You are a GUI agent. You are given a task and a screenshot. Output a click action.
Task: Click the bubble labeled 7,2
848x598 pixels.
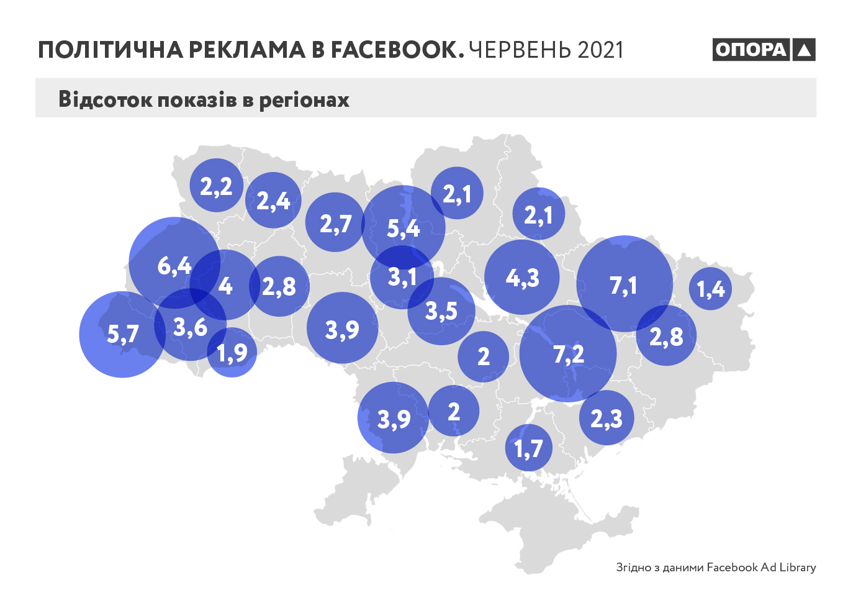tap(568, 354)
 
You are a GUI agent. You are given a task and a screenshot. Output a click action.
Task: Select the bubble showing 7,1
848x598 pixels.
tap(625, 284)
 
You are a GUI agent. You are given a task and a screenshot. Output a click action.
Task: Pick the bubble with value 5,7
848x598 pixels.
tap(122, 335)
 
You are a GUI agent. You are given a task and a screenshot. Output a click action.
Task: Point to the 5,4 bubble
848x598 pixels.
tap(404, 227)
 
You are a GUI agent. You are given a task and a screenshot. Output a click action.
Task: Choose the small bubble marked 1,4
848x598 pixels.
tap(711, 288)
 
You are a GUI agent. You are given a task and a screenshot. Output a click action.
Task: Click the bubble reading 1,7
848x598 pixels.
tap(529, 448)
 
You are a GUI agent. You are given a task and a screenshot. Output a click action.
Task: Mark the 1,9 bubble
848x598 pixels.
tap(232, 353)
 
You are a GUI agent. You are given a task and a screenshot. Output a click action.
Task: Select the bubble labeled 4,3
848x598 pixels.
tap(522, 277)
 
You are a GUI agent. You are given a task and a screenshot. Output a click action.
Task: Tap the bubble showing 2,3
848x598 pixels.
tap(607, 418)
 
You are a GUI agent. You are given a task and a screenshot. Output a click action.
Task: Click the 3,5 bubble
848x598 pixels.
tap(441, 310)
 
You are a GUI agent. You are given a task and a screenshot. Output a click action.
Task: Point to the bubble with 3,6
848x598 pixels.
tap(190, 326)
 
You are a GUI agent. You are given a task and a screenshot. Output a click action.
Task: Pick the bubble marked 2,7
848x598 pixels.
tap(335, 222)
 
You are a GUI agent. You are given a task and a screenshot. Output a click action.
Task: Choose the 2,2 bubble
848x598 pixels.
tap(216, 186)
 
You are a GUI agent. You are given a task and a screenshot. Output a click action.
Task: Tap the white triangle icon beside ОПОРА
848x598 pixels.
tap(804, 50)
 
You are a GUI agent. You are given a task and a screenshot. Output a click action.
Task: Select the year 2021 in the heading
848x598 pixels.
tap(600, 50)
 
